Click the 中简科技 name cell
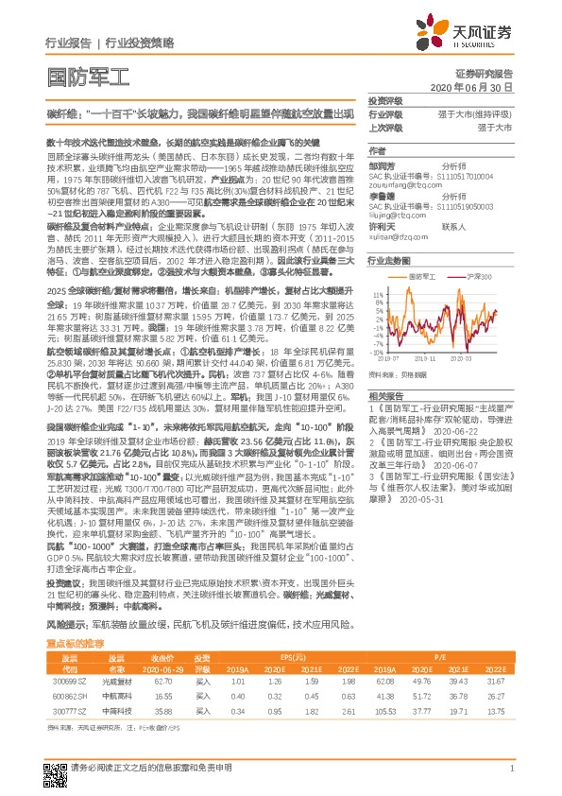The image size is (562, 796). point(117,710)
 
